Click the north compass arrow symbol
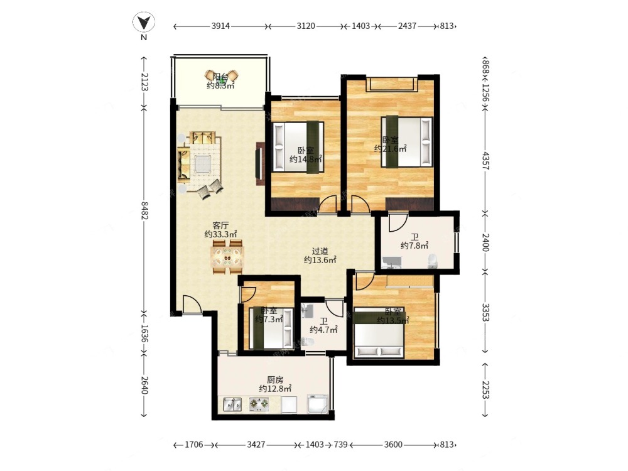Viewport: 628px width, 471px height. tap(144, 23)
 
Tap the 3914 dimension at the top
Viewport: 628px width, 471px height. tap(220, 26)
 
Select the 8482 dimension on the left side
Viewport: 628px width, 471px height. tap(144, 210)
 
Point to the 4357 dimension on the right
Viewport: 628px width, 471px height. tap(485, 161)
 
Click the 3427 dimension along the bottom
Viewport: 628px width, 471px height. tap(257, 445)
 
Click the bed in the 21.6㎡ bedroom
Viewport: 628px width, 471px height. tap(407, 141)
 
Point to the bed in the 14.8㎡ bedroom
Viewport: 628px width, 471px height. tap(298, 147)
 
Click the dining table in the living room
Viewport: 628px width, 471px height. tap(227, 257)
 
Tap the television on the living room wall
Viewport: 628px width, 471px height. tap(259, 163)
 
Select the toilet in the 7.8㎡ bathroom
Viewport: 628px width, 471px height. tap(433, 261)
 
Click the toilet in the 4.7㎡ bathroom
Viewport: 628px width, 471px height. tap(307, 342)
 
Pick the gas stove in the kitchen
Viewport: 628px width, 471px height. tap(259, 404)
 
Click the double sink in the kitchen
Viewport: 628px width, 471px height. tap(232, 404)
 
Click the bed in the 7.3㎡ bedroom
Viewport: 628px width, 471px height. tap(271, 328)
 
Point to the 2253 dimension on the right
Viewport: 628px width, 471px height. tap(485, 390)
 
